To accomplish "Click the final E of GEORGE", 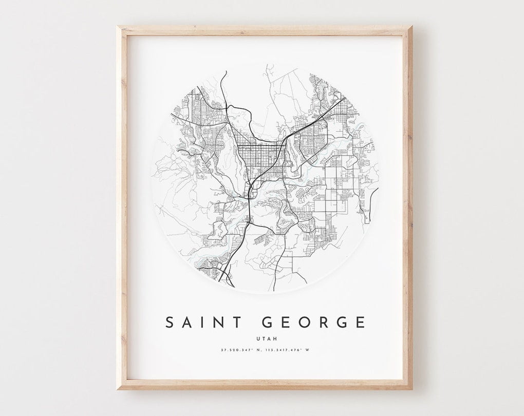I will (361, 323).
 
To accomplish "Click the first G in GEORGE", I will (269, 323).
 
